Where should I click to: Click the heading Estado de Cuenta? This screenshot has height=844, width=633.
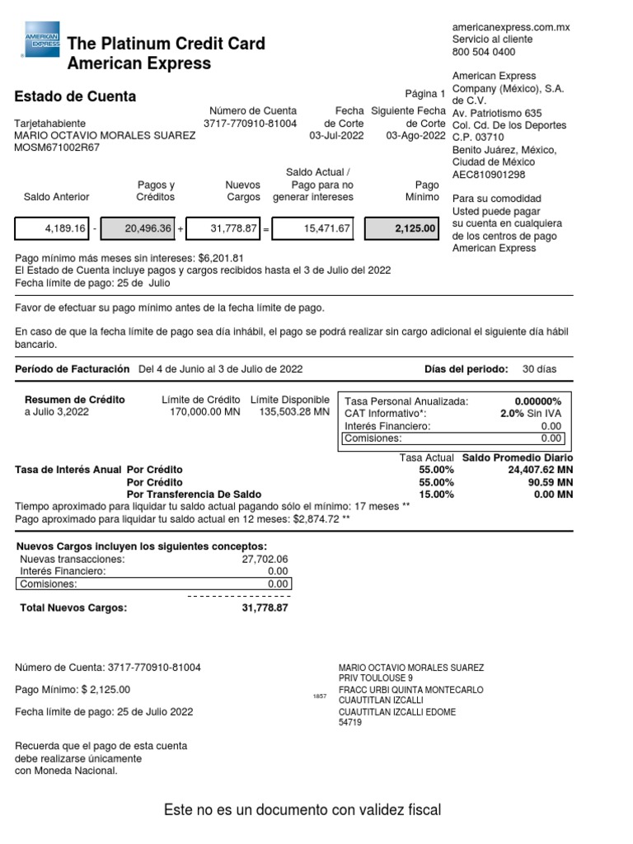point(76,96)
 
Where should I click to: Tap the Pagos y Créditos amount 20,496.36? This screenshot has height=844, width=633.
point(148,228)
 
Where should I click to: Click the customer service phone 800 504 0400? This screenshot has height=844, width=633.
point(483,52)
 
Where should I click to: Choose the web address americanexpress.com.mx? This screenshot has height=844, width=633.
point(511,27)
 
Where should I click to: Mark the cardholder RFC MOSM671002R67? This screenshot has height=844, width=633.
point(57,148)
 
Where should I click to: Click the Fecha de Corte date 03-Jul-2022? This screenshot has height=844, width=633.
point(336,136)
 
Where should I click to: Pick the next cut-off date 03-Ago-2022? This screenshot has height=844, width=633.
point(415,136)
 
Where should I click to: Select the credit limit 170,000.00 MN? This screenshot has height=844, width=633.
point(201,412)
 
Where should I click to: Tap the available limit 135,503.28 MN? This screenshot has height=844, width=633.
point(294,412)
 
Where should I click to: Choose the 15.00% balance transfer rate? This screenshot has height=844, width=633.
point(436,495)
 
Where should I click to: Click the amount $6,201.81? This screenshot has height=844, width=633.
point(221,258)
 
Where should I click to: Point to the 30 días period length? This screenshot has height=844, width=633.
point(541,368)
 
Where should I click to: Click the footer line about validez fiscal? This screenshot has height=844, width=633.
point(302,810)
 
